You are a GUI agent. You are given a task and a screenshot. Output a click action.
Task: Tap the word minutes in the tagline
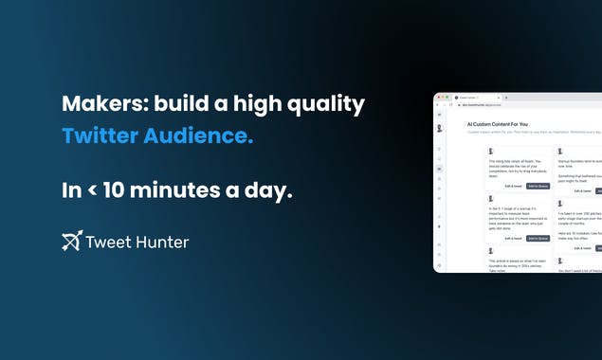(x=189, y=189)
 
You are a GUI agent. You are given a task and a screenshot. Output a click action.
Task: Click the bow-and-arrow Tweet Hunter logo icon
(x=71, y=241)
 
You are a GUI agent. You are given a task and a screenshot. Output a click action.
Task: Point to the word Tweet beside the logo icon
(x=106, y=242)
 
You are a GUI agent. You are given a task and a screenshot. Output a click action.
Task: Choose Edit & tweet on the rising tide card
(x=514, y=186)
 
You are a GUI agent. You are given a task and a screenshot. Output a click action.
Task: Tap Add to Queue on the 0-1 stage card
(x=538, y=238)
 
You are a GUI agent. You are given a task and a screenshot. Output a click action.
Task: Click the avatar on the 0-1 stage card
(x=490, y=198)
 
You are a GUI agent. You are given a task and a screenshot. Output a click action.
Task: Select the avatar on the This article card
(x=490, y=250)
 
